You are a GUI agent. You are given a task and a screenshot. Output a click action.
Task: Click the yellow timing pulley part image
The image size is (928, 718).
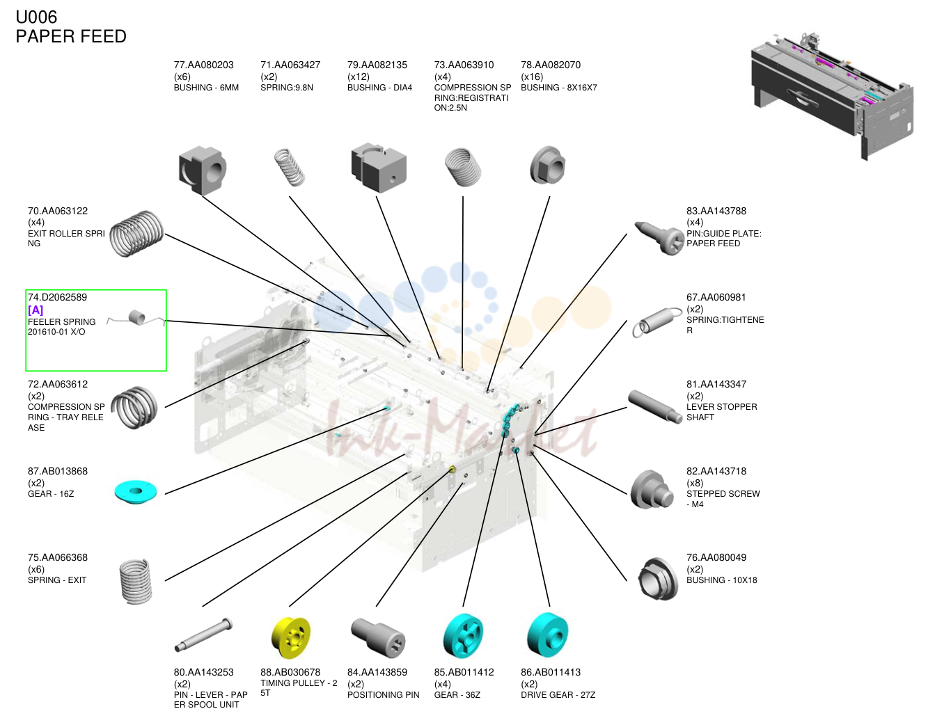[291, 637]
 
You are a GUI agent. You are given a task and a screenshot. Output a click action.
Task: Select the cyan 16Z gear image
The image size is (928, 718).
[135, 491]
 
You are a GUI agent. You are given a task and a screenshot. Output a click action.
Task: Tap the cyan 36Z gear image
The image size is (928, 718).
[463, 636]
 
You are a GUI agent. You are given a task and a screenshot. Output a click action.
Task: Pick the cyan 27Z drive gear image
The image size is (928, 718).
[548, 635]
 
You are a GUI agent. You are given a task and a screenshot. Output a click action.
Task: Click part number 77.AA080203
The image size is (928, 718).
[203, 65]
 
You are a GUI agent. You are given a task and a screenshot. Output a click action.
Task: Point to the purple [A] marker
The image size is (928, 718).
[36, 310]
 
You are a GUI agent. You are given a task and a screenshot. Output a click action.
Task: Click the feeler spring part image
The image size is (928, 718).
[136, 318]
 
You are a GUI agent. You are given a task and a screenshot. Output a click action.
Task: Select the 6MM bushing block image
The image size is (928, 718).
[202, 170]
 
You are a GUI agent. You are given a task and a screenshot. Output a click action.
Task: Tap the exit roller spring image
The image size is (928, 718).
[136, 233]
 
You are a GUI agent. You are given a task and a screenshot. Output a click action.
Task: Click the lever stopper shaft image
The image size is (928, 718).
[654, 406]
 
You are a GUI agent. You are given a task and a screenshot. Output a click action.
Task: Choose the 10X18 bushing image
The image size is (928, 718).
[658, 578]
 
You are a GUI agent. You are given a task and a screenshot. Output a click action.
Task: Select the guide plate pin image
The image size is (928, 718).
[659, 238]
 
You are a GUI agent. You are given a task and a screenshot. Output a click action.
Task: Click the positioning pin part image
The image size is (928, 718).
[378, 637]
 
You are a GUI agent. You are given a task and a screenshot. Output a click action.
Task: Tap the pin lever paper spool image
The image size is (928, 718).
[203, 635]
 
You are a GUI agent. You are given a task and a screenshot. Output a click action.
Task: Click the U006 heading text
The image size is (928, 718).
[36, 17]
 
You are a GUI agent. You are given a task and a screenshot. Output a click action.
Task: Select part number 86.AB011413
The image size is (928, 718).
[551, 672]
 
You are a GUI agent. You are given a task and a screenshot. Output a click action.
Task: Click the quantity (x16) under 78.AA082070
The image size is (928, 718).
[532, 77]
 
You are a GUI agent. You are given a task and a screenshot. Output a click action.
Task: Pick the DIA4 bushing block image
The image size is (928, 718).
[379, 168]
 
